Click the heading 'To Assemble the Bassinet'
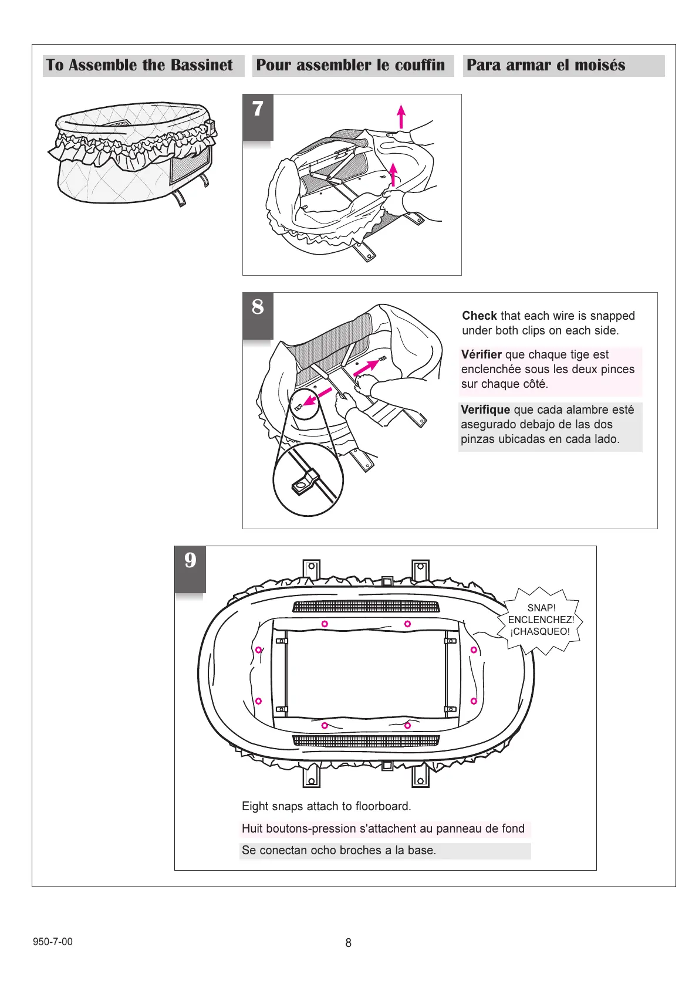pos(140,65)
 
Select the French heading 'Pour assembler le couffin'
pos(350,65)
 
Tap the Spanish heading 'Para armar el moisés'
pos(546,65)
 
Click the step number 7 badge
pos(258,110)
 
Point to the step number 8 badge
pos(258,307)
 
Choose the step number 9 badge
pos(190,561)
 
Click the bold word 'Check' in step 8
pos(479,316)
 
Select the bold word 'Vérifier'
pos(481,354)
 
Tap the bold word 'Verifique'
pos(485,410)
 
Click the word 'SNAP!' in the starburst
pos(541,608)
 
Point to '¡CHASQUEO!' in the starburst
pos(540,632)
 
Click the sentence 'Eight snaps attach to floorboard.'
pos(326,806)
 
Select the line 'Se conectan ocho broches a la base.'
pos(339,850)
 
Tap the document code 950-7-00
pos(53,942)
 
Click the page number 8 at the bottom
pos(348,943)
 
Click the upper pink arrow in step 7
pos(401,116)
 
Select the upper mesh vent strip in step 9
pos(365,606)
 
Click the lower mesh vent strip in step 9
pos(365,740)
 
